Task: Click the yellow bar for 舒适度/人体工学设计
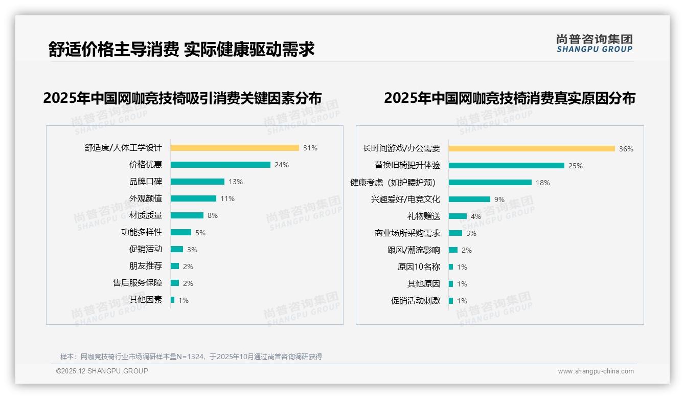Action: click(x=235, y=148)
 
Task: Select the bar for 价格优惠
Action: click(x=220, y=165)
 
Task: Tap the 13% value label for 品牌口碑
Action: click(x=236, y=182)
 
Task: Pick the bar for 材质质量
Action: click(x=187, y=215)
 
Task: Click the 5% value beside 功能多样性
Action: click(x=200, y=233)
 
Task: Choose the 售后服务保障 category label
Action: click(x=138, y=283)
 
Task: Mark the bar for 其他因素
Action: click(x=173, y=300)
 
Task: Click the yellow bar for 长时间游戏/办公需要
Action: click(x=532, y=149)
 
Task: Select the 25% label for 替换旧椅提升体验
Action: click(x=576, y=166)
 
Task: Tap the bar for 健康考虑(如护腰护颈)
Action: click(x=490, y=183)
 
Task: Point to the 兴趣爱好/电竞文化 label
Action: click(x=405, y=199)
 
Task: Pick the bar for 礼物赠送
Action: click(x=458, y=216)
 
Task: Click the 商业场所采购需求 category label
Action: click(x=407, y=233)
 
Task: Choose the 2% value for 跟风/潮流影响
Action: click(x=467, y=250)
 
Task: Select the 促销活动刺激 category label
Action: click(x=415, y=301)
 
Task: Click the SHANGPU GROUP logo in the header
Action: click(x=595, y=43)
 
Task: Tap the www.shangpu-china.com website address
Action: click(x=596, y=371)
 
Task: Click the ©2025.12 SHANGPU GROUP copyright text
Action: click(x=102, y=371)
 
